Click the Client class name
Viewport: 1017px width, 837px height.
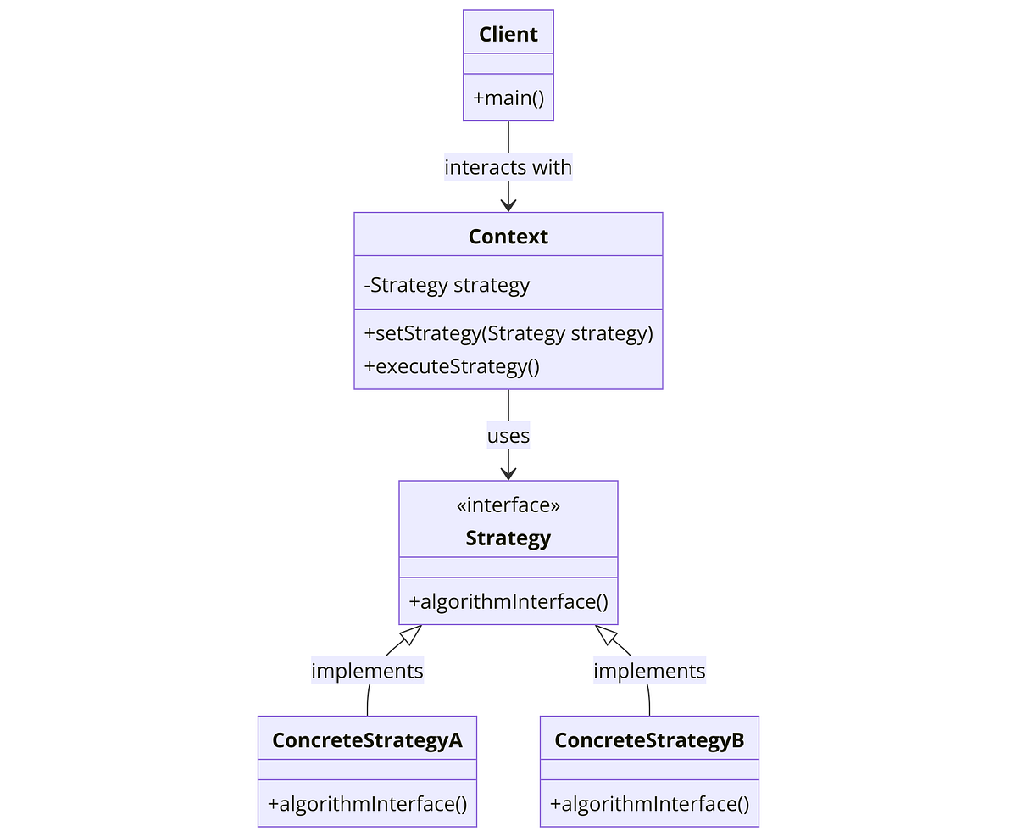coord(508,34)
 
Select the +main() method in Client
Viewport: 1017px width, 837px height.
coord(508,98)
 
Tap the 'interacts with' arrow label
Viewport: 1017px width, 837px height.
coord(508,167)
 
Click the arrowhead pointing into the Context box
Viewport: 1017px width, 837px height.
coord(508,204)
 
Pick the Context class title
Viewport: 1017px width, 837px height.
coord(508,237)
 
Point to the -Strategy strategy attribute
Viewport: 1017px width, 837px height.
coord(447,285)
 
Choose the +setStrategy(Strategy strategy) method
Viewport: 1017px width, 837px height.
coord(508,333)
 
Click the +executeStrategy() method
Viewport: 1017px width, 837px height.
coord(452,365)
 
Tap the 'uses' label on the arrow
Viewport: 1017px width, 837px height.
coord(508,436)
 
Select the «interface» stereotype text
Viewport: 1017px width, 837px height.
coord(508,505)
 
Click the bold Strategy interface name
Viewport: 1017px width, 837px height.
coord(508,538)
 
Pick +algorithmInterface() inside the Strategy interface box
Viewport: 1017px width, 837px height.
coord(508,601)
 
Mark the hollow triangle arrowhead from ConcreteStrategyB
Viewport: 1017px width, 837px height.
coord(605,634)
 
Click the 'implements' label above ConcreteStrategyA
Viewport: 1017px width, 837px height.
coord(367,671)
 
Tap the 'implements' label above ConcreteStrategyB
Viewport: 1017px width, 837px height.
coord(649,671)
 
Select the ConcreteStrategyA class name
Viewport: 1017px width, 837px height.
coord(367,740)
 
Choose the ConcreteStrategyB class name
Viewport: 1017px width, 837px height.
coord(649,740)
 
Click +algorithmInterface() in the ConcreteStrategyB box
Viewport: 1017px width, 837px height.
coord(649,804)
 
